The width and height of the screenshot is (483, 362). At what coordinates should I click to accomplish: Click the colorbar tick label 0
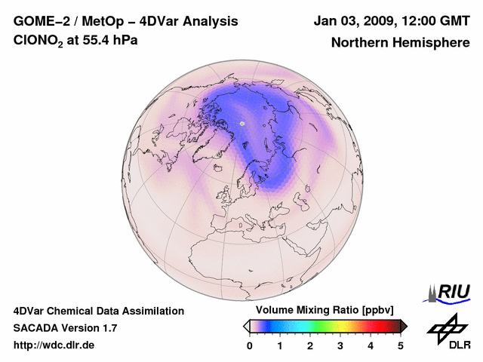[250, 345]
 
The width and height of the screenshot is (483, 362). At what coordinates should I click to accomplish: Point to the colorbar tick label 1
[280, 345]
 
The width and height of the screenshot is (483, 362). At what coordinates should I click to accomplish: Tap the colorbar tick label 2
[310, 345]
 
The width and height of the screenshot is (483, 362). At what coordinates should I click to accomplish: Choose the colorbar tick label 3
[340, 345]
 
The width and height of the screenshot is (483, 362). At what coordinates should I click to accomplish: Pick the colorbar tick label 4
[371, 345]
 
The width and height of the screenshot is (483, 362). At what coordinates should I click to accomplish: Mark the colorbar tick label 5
[401, 345]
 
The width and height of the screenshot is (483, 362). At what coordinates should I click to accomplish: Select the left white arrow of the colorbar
[247, 326]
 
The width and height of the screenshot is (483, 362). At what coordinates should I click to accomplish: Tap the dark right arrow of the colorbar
[404, 326]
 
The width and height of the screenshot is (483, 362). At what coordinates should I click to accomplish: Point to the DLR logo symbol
[445, 327]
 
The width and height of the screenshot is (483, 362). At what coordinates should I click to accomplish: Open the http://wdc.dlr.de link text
[54, 345]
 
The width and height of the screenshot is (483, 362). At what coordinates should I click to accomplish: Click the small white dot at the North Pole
[242, 124]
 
